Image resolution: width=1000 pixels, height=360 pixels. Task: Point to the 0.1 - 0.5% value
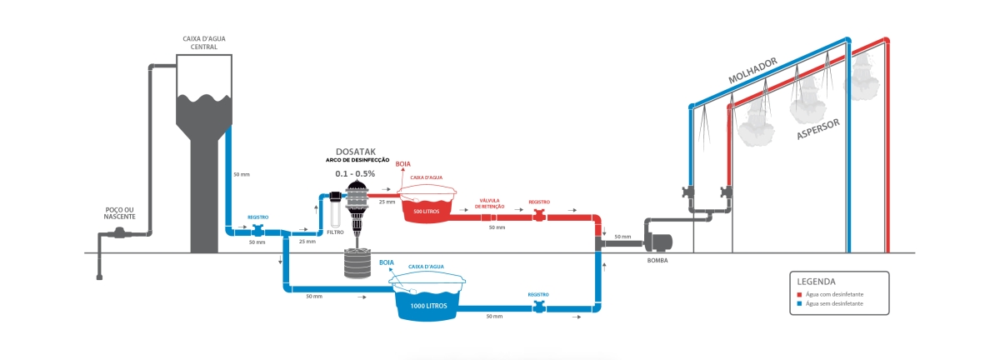tap(355, 173)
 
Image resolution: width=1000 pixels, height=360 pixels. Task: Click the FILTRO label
tap(335, 232)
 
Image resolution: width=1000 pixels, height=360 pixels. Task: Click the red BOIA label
tap(403, 165)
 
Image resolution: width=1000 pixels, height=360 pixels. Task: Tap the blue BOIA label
tap(387, 262)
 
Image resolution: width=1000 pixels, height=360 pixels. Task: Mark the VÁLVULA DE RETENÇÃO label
tap(489, 204)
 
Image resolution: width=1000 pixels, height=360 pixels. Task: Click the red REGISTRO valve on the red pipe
tap(539, 216)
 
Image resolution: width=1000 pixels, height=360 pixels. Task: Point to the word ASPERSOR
tap(817, 127)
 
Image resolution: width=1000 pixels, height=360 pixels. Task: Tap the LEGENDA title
tap(816, 281)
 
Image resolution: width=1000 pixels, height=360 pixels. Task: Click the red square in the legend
tap(799, 294)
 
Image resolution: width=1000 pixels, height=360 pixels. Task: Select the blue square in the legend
tap(799, 304)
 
